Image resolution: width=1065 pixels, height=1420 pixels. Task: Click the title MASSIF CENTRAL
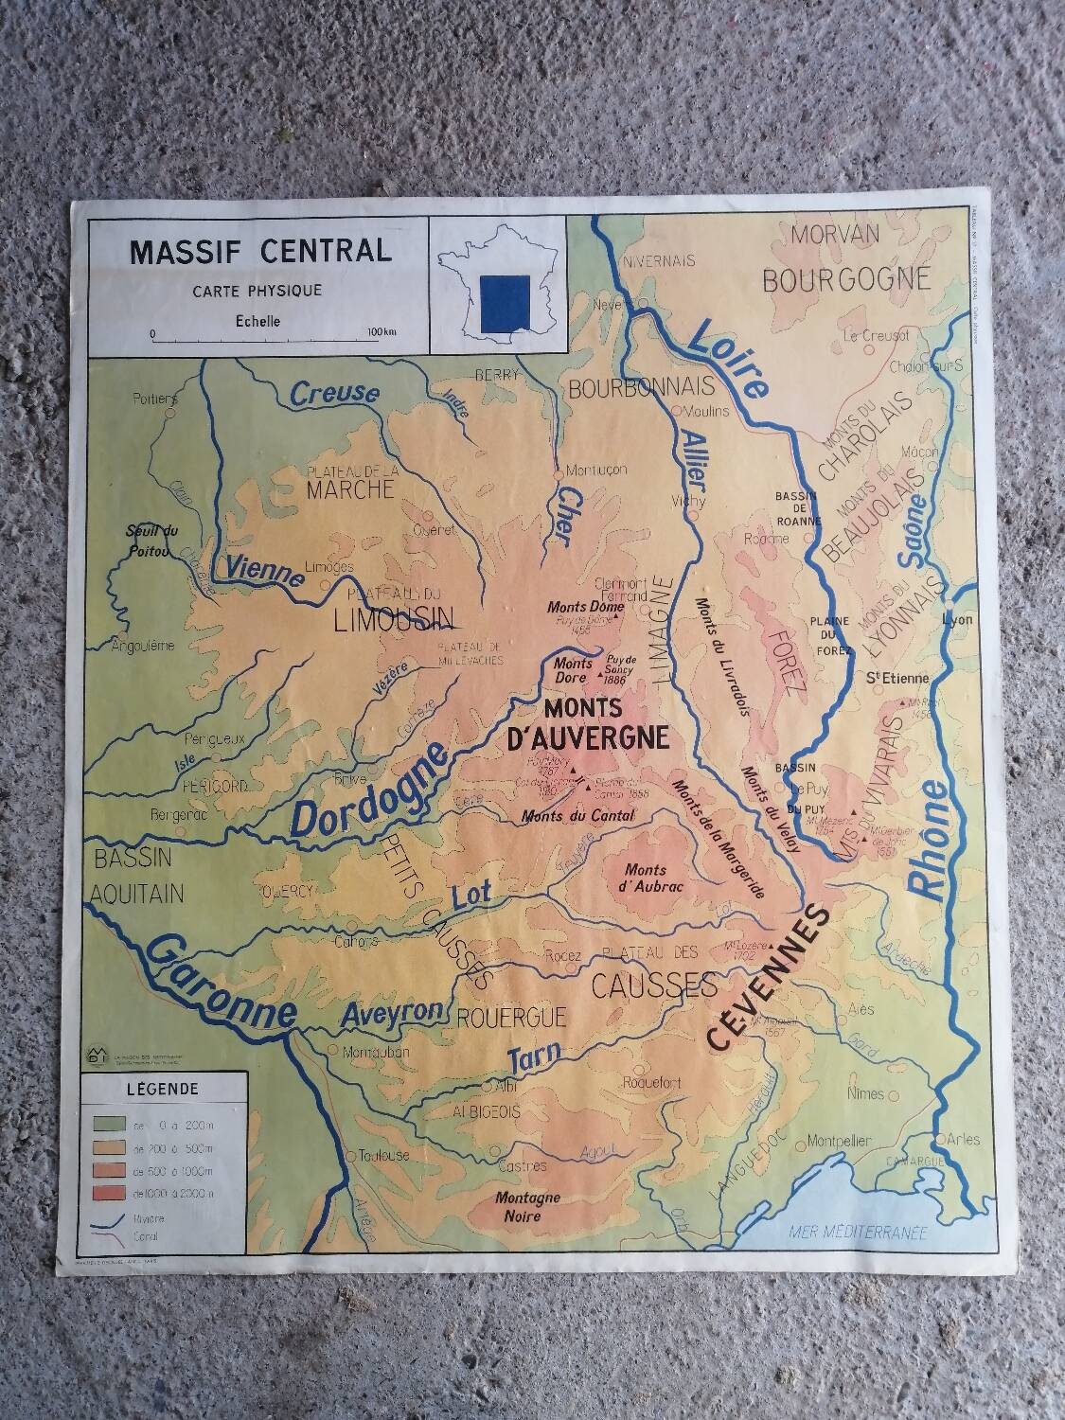(259, 252)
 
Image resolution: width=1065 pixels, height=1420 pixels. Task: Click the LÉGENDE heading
(163, 1089)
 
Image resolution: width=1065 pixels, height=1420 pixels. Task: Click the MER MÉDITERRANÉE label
(858, 1232)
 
